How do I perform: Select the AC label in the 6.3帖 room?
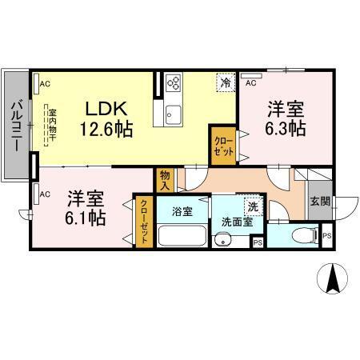(x=250, y=82)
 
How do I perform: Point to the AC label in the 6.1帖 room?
(x=45, y=193)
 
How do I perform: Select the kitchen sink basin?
(x=174, y=116)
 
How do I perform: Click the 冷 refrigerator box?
(x=226, y=82)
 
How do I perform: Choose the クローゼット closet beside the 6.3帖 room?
(x=222, y=145)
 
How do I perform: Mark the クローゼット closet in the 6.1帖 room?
(x=143, y=221)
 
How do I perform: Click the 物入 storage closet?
(x=165, y=178)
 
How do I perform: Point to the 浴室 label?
(x=182, y=212)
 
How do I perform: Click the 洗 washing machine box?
(x=253, y=205)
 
